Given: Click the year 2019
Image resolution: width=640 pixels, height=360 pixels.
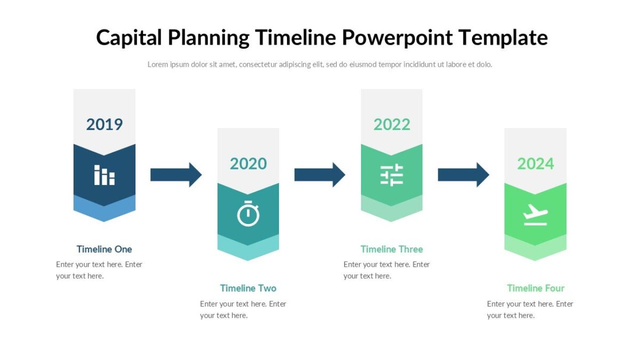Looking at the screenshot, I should point(105,124).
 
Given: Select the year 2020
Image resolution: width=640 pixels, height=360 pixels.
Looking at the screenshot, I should point(248,163).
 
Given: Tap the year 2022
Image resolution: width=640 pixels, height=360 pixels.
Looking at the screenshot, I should point(391,124).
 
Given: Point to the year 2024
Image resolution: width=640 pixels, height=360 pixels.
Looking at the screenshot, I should point(535,163).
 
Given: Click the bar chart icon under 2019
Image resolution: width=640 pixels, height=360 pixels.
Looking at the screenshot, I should point(105,175).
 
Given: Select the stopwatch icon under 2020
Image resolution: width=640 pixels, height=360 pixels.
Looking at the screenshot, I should point(248,214).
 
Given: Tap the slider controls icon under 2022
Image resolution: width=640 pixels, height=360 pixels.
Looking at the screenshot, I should point(391,175).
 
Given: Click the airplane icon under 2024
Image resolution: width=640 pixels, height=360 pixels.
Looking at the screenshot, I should point(535,214).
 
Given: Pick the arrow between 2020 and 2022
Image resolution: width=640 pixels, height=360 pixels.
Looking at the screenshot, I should point(319,174).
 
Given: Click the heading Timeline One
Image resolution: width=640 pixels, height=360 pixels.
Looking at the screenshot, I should point(105,249).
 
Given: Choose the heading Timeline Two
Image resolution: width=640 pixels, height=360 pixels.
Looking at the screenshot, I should point(248,288).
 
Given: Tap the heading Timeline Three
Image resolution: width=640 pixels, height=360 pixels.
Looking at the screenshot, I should point(391,249).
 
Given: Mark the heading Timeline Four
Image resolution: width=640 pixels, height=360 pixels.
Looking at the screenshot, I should point(535,288).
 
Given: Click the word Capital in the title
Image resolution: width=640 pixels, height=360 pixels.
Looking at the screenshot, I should point(129,38).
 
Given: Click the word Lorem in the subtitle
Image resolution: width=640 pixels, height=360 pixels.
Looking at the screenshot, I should point(158,65).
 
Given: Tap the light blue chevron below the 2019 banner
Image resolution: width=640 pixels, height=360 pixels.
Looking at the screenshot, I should point(105,211).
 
